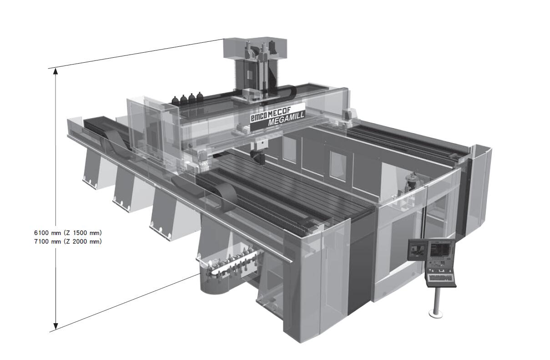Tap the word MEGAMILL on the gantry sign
point(286,119)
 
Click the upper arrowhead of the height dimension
point(56,71)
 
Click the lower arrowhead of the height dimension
point(56,326)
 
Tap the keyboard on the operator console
point(441,278)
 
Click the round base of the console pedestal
point(436,314)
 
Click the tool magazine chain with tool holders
point(231,265)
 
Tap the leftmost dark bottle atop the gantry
point(175,100)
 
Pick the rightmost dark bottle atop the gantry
point(200,97)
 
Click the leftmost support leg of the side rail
point(91,170)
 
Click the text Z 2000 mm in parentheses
point(83,241)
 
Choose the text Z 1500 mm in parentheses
point(83,233)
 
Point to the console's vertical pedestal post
point(436,300)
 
